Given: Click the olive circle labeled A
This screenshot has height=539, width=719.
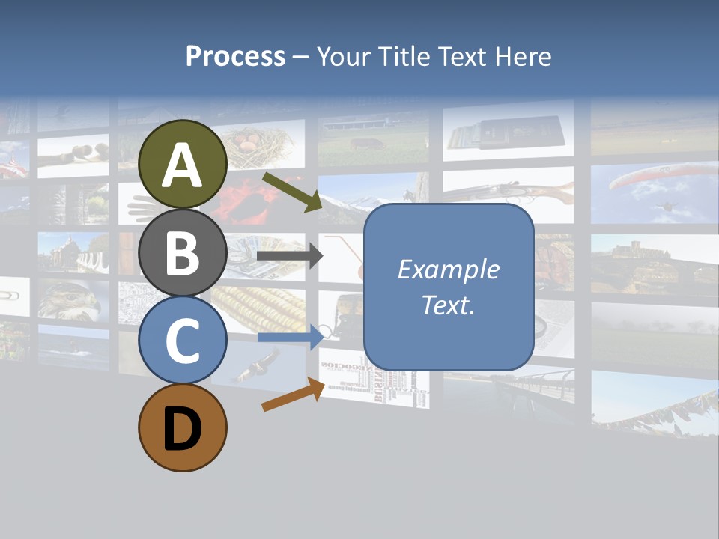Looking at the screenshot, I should tap(183, 164).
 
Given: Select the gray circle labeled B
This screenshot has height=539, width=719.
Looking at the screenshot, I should tap(183, 253).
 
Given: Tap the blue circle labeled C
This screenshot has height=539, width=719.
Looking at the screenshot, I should tap(183, 340).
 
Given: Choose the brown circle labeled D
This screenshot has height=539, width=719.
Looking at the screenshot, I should tap(183, 427).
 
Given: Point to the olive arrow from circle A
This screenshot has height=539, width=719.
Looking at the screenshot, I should tap(291, 191).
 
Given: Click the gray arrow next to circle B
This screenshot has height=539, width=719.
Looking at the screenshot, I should tap(289, 256).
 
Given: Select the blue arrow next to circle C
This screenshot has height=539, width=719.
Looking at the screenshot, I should tap(289, 337).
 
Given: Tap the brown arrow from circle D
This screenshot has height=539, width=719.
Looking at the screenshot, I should tap(293, 395).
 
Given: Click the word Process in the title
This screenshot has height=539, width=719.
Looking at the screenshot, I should tap(235, 56).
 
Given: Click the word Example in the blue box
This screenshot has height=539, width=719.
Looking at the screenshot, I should tap(449, 269).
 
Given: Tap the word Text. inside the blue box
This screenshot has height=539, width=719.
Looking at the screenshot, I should tap(449, 305).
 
